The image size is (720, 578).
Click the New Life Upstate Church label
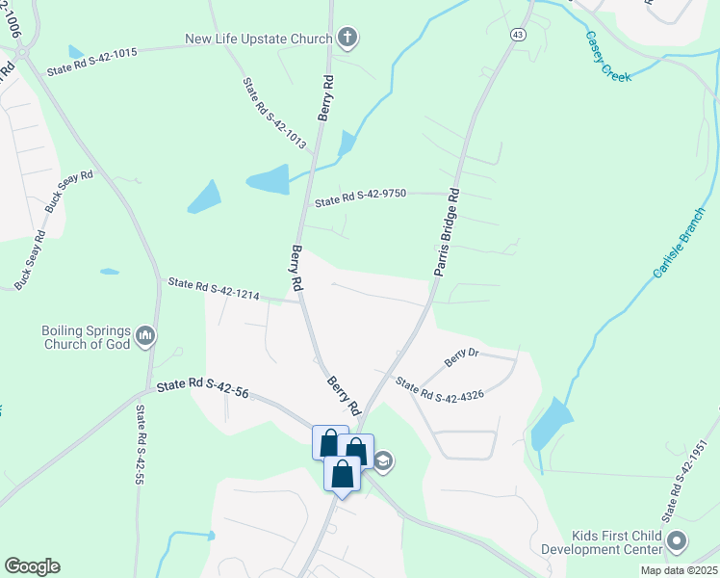point(258,39)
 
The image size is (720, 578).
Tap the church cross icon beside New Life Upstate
point(347,39)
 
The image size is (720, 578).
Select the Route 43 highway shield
point(519,35)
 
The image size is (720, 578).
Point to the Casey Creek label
point(608,57)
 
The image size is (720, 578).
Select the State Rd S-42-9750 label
point(361,197)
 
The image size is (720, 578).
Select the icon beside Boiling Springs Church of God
point(145,335)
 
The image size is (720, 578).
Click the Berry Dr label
point(461,358)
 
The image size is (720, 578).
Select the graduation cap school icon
point(382,460)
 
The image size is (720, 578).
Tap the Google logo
point(32,566)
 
